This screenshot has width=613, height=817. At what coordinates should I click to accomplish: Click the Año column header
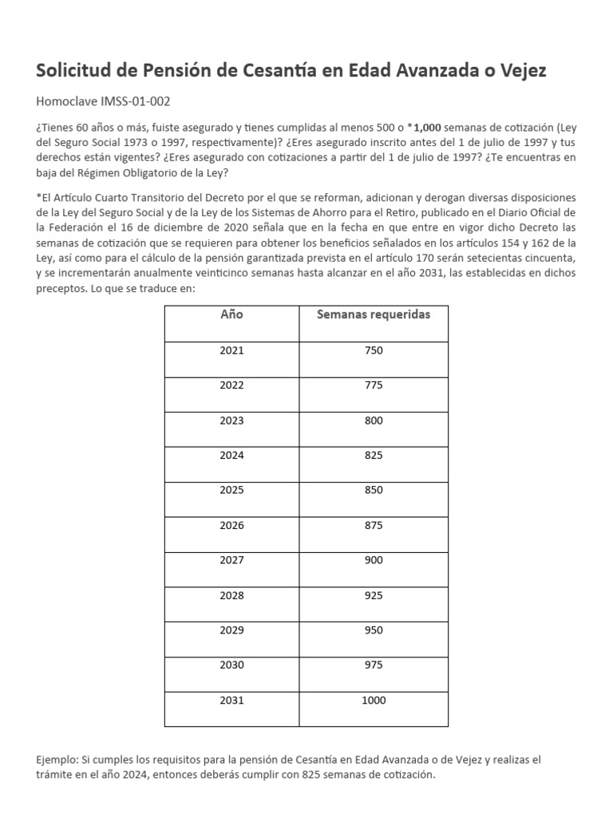point(231,314)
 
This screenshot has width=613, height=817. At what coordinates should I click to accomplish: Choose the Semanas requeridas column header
point(373,314)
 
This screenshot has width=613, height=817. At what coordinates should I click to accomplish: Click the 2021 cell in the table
point(231,350)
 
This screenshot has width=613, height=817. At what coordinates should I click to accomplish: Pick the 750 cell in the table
point(373,350)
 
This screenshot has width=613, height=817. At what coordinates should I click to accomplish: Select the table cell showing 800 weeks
point(373,420)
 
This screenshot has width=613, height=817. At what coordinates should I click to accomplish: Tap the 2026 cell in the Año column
point(231,525)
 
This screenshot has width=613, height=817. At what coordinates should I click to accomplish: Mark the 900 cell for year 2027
point(373,560)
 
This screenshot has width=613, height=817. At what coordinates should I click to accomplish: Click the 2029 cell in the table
point(231,630)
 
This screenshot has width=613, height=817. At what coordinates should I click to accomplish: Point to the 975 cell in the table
point(373,665)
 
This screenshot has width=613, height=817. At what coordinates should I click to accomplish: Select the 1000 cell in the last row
point(373,701)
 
